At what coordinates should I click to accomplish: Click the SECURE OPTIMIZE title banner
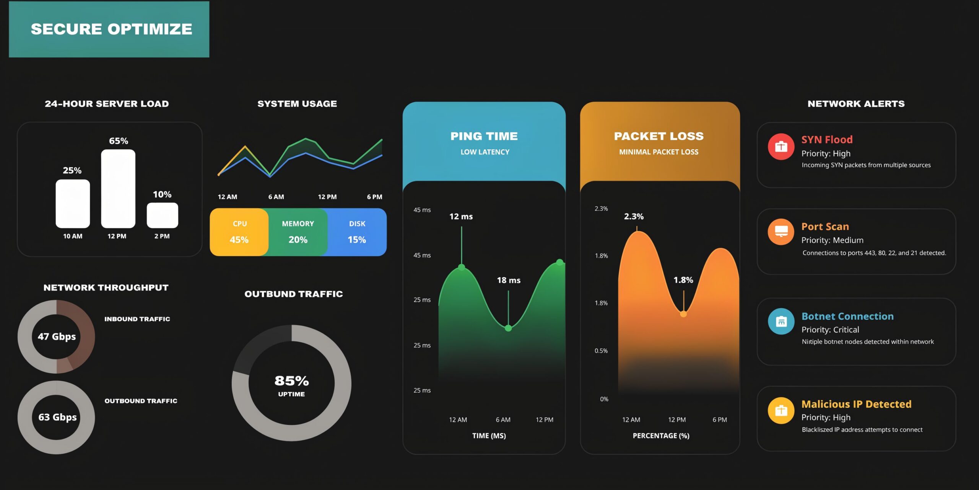(109, 29)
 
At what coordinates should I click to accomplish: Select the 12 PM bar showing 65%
(118, 189)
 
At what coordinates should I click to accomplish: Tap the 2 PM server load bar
(162, 215)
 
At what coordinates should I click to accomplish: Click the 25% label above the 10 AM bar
(72, 170)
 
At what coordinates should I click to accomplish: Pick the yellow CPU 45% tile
(239, 232)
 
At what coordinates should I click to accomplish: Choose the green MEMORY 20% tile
(298, 232)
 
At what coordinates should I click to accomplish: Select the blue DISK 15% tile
(357, 232)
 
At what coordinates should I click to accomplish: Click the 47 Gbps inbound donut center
(57, 336)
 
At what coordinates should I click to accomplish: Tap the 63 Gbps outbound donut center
(57, 417)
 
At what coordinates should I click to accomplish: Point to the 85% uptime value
(291, 381)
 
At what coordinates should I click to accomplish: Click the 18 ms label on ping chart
(508, 280)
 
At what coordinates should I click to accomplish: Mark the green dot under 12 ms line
(462, 267)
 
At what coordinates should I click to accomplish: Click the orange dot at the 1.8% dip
(683, 314)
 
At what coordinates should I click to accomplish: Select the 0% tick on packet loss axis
(604, 399)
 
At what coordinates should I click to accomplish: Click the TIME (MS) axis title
(489, 436)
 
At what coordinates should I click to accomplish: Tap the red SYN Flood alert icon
(781, 147)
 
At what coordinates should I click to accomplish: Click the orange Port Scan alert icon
(781, 232)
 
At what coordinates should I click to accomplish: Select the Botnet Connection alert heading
(847, 316)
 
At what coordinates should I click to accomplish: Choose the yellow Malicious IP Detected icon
(781, 410)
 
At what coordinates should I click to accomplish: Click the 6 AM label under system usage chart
(276, 197)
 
